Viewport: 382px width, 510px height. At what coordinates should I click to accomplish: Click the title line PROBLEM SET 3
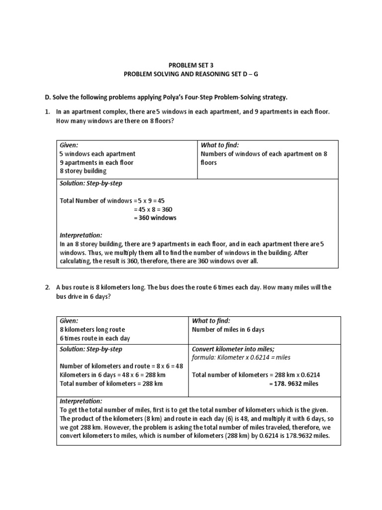[x=191, y=65]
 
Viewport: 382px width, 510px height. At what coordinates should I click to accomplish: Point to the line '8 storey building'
[x=83, y=171]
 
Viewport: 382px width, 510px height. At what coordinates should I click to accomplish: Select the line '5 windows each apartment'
[x=97, y=154]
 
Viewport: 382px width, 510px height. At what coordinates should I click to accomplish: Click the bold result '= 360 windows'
[x=155, y=218]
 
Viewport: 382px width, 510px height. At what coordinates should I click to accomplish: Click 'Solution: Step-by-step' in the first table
[x=91, y=183]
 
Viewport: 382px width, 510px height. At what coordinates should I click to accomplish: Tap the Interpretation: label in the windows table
[x=81, y=235]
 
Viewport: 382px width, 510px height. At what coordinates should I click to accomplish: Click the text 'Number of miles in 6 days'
[x=228, y=330]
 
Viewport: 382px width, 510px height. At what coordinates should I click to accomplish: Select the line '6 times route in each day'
[x=95, y=338]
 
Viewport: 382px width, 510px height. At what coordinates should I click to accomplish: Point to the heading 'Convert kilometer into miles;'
[x=233, y=349]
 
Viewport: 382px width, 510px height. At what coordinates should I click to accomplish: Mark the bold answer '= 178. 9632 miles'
[x=293, y=383]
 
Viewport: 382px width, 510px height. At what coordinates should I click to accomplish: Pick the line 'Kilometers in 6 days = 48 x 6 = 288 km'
[x=112, y=375]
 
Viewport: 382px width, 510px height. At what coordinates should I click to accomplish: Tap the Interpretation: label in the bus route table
[x=81, y=401]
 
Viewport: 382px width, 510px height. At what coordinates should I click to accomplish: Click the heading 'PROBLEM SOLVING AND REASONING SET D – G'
[x=191, y=74]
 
